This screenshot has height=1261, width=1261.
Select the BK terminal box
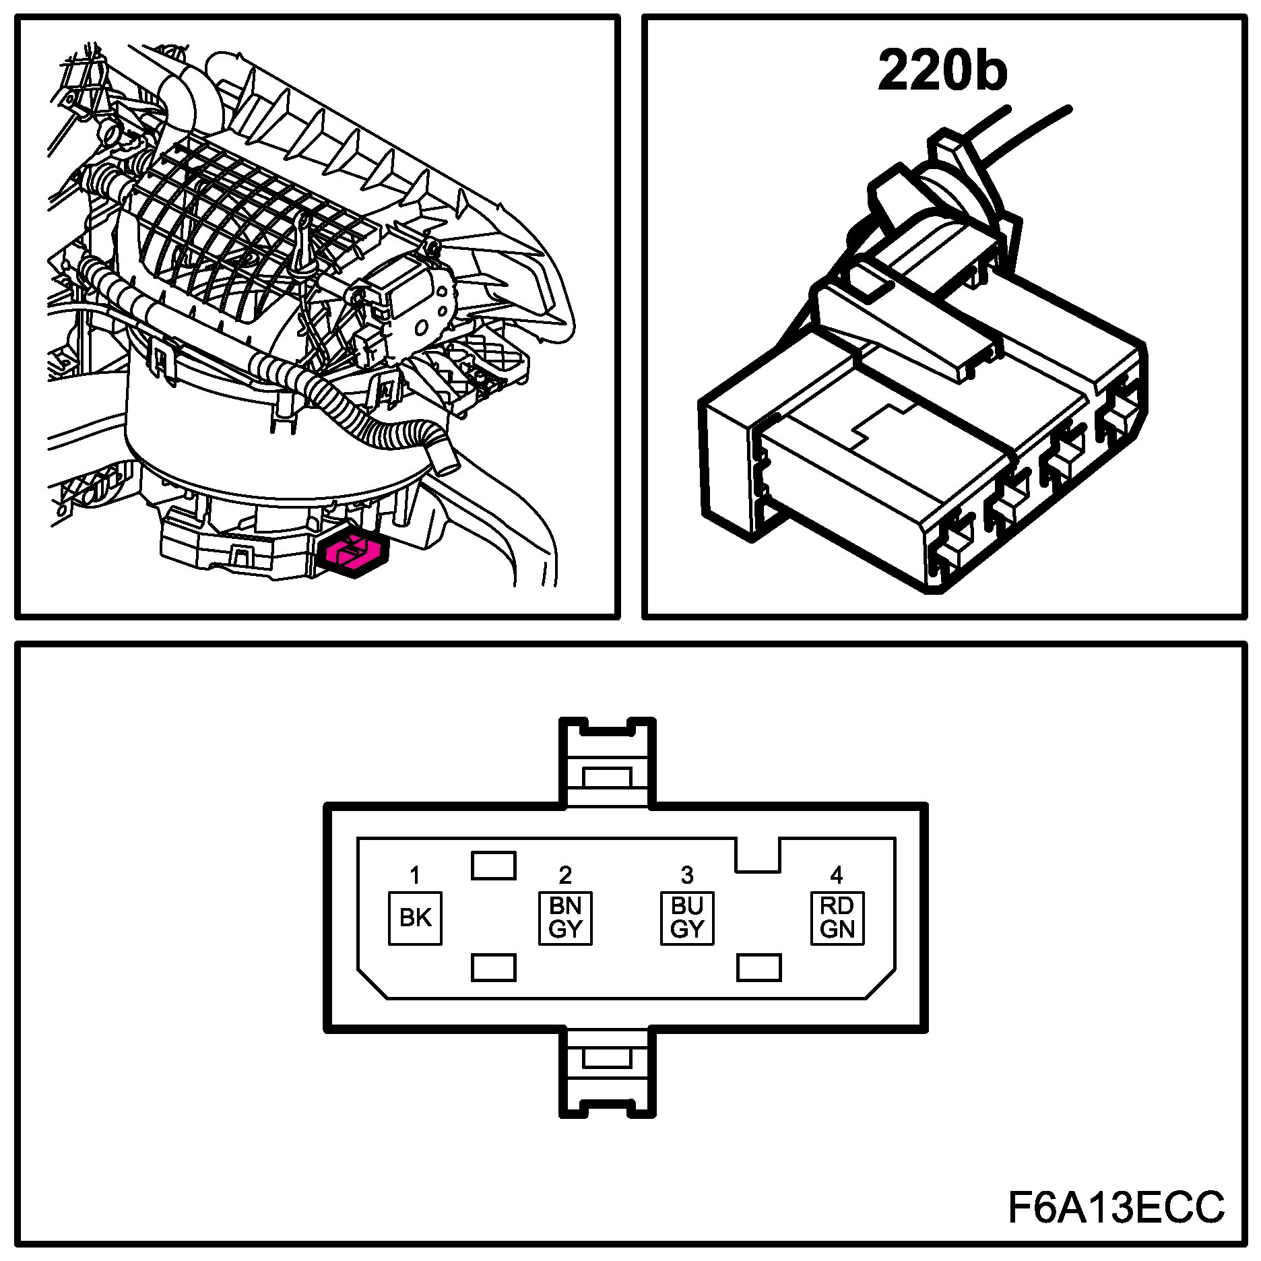415,917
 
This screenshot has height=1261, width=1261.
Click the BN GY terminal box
565,917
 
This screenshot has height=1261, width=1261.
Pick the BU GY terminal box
687,917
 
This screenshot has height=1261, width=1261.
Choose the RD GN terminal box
837,917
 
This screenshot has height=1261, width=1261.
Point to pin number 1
415,876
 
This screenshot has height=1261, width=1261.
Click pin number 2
565,875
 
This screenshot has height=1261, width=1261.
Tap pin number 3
687,875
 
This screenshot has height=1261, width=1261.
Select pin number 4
837,875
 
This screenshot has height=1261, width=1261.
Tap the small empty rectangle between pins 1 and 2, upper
493,866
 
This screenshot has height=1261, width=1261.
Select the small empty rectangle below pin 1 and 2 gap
493,968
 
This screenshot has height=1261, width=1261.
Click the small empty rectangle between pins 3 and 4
759,968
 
